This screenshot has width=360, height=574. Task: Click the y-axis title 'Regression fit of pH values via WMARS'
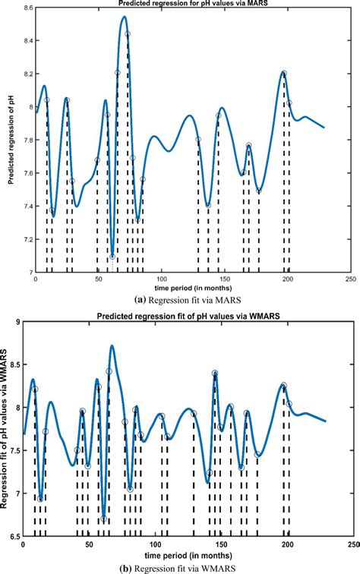6,430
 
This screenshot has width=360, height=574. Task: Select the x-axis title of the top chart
193,289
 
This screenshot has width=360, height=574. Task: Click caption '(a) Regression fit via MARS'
193,300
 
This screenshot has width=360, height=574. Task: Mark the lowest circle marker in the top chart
112,256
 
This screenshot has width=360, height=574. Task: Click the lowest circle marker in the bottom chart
103,519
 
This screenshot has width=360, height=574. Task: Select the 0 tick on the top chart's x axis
36,279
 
